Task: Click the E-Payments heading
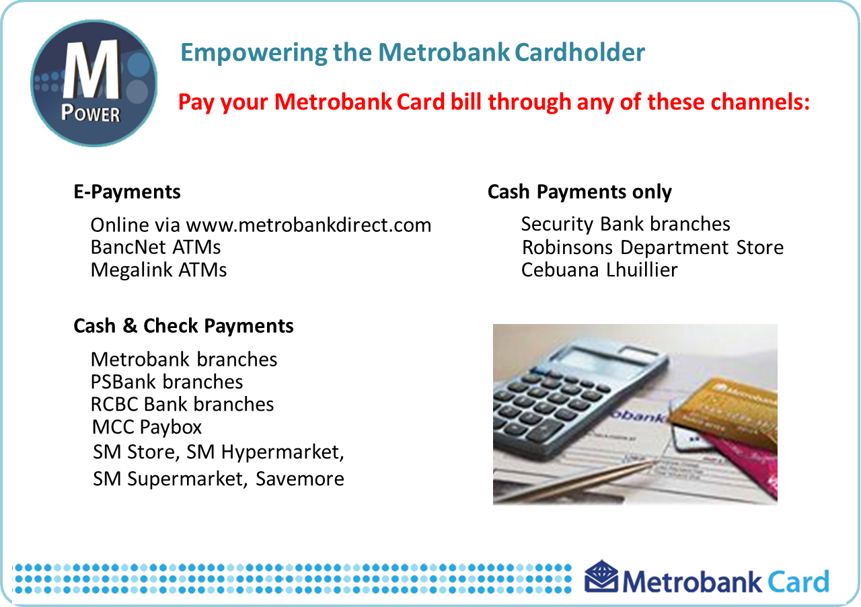[127, 192]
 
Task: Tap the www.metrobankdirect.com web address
[308, 225]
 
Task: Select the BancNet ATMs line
[155, 247]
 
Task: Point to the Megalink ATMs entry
[159, 270]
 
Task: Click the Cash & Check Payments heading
[184, 326]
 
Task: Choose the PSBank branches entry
[167, 382]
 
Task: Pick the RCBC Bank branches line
[182, 405]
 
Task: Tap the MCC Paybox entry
[147, 428]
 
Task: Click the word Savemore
[299, 479]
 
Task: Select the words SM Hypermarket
[265, 452]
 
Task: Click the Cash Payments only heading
[579, 192]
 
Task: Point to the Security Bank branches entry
[626, 225]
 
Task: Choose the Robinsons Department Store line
[652, 247]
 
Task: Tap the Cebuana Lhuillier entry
[599, 270]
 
